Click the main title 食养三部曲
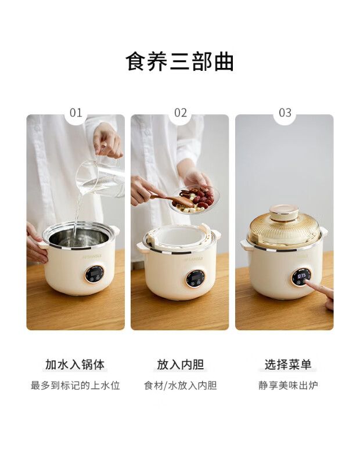pyautogui.click(x=179, y=61)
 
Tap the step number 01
pyautogui.click(x=76, y=113)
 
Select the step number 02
pyautogui.click(x=181, y=113)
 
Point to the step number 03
pyautogui.click(x=285, y=113)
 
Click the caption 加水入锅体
pyautogui.click(x=75, y=365)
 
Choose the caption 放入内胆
pyautogui.click(x=181, y=365)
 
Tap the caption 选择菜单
pyautogui.click(x=288, y=365)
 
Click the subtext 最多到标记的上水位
pyautogui.click(x=75, y=385)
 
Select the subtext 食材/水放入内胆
pyautogui.click(x=181, y=385)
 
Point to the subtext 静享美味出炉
pyautogui.click(x=288, y=385)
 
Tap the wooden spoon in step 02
pyautogui.click(x=172, y=199)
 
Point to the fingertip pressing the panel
pyautogui.click(x=308, y=283)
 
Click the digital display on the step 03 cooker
pyautogui.click(x=301, y=275)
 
